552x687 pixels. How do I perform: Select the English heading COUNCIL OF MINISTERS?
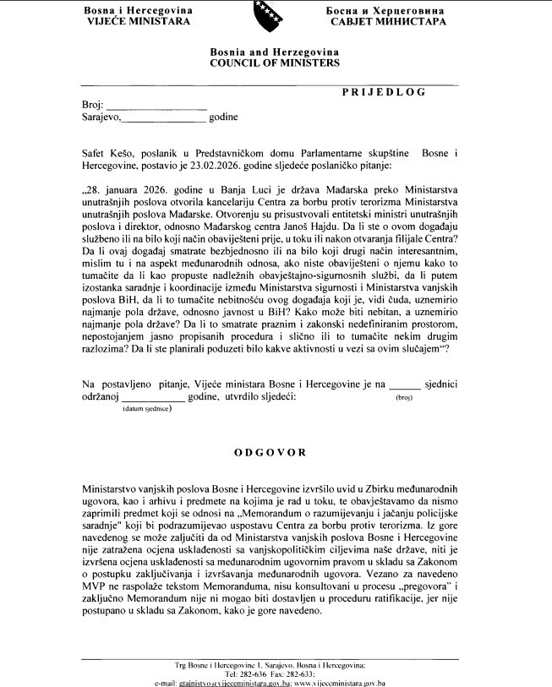click(x=275, y=63)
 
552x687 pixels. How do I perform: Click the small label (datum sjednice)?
click(x=147, y=409)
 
